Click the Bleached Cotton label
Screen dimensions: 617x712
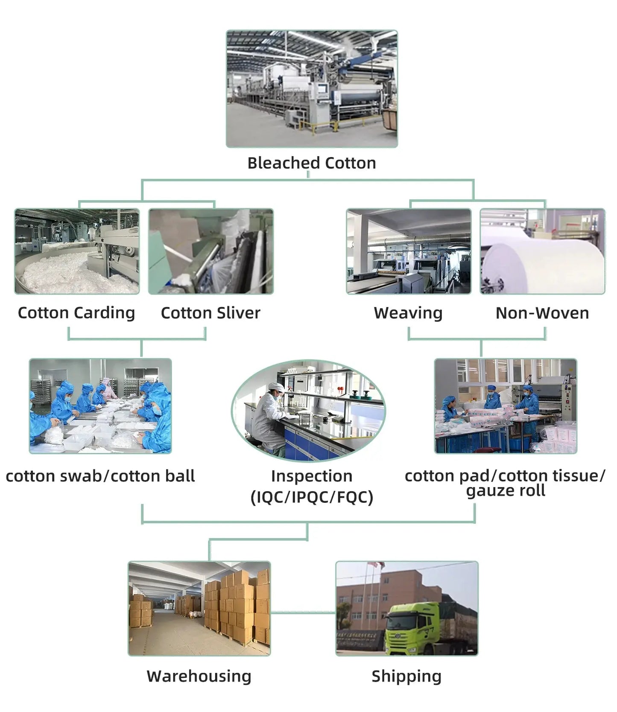click(x=312, y=163)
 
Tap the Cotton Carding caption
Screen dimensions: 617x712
click(x=76, y=313)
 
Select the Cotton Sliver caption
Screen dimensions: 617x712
click(x=211, y=313)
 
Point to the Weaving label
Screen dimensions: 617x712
click(x=408, y=313)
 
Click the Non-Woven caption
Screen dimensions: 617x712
click(x=542, y=313)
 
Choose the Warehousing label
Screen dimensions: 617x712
click(x=199, y=676)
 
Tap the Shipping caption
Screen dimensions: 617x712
click(x=406, y=676)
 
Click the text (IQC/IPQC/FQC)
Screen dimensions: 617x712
click(x=312, y=497)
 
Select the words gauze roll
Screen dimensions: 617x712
click(x=506, y=490)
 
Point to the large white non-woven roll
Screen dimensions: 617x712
click(x=542, y=263)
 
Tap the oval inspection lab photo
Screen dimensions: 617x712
click(x=308, y=410)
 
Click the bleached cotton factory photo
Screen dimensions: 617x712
click(x=312, y=89)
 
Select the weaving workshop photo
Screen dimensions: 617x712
click(x=409, y=251)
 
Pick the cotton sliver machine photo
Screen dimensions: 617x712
click(x=211, y=251)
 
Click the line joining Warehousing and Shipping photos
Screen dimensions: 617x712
click(x=303, y=613)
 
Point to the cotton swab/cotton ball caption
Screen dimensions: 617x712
click(x=100, y=476)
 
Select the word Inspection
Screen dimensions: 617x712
click(x=312, y=476)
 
